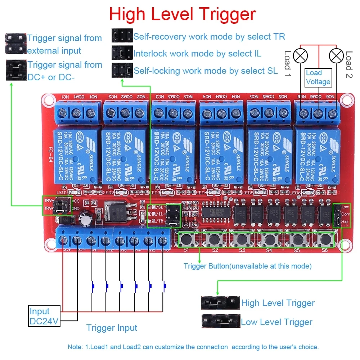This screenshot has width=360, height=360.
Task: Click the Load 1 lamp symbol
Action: pyautogui.click(x=300, y=55)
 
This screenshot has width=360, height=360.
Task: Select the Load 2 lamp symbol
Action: pyautogui.click(x=336, y=55)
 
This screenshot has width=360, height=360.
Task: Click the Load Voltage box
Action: pyautogui.click(x=318, y=77)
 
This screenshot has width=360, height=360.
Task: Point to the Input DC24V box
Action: pyautogui.click(x=44, y=316)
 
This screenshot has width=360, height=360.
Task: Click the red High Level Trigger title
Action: pyautogui.click(x=182, y=14)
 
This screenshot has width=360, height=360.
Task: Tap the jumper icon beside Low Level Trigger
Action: pyautogui.click(x=220, y=321)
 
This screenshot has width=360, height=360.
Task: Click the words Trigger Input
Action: pyautogui.click(x=112, y=328)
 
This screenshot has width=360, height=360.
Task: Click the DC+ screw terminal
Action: pyautogui.click(x=64, y=240)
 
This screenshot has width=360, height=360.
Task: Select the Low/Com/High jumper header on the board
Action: pyautogui.click(x=337, y=215)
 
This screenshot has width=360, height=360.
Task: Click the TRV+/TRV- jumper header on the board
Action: pyautogui.click(x=57, y=205)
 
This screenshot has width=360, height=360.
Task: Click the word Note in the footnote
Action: pyautogui.click(x=75, y=347)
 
